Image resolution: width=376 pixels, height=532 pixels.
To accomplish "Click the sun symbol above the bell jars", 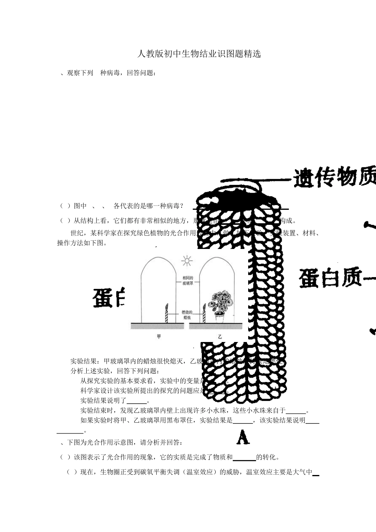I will [x=186, y=260].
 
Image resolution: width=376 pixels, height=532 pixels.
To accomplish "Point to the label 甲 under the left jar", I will [x=159, y=337].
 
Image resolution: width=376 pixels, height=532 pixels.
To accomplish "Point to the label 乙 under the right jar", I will [x=220, y=337].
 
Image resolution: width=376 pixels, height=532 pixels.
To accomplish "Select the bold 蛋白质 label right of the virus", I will [x=330, y=277].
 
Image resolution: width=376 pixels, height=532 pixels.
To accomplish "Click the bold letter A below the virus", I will [x=243, y=437].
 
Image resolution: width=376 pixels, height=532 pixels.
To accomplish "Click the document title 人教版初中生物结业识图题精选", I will [x=199, y=54].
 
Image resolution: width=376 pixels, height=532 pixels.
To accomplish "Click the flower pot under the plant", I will [x=220, y=316].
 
